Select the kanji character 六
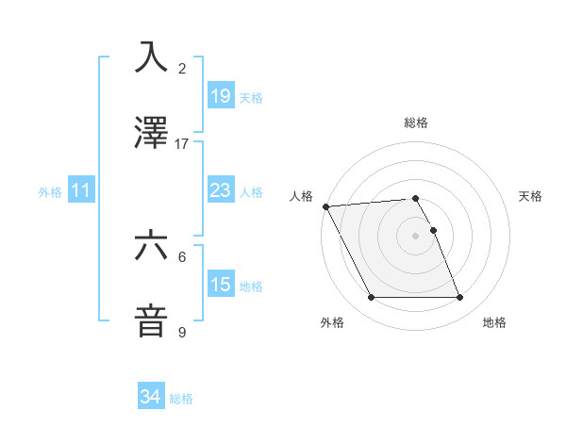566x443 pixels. (x=152, y=246)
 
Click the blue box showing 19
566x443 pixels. (x=220, y=96)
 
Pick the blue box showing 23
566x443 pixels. (x=220, y=191)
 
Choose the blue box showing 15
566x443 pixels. (x=220, y=285)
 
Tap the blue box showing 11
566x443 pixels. (x=81, y=191)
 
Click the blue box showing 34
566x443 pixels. (x=150, y=397)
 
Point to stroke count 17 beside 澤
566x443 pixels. (x=182, y=144)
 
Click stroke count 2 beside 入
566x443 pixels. (x=182, y=69)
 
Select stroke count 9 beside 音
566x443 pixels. (x=182, y=333)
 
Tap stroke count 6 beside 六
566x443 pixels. (x=182, y=256)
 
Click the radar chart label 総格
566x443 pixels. (x=416, y=123)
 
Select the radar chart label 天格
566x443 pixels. (x=531, y=196)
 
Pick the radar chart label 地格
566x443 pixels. (x=494, y=323)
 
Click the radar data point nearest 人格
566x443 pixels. (x=325, y=206)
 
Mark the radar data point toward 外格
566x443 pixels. (x=371, y=298)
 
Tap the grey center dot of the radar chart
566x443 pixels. (x=416, y=236)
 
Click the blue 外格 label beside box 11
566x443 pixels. (x=50, y=192)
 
